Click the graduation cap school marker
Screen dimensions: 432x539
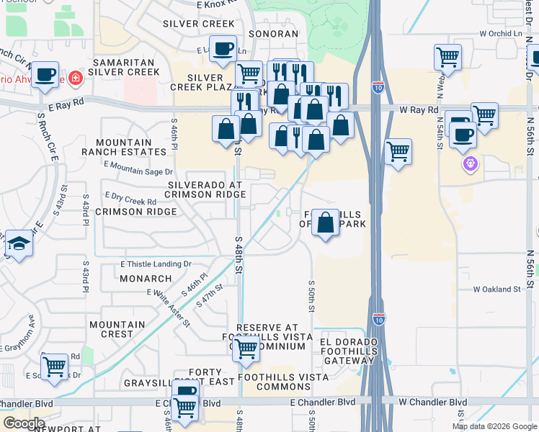(x=18, y=243)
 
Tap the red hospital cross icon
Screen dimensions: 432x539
(x=75, y=77)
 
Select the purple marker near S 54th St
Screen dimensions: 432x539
(x=471, y=164)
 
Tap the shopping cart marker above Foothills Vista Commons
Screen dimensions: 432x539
(x=246, y=349)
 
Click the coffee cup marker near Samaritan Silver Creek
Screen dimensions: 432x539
(x=45, y=73)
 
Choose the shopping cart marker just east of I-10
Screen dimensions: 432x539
(x=398, y=151)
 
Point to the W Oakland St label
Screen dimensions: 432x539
(x=496, y=289)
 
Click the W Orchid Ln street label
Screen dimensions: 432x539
(x=500, y=34)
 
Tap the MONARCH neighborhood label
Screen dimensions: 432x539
(x=146, y=279)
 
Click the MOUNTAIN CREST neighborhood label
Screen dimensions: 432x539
(x=112, y=330)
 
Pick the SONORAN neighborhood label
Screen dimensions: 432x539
(x=273, y=34)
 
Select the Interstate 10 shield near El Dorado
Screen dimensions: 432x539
(x=379, y=318)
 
